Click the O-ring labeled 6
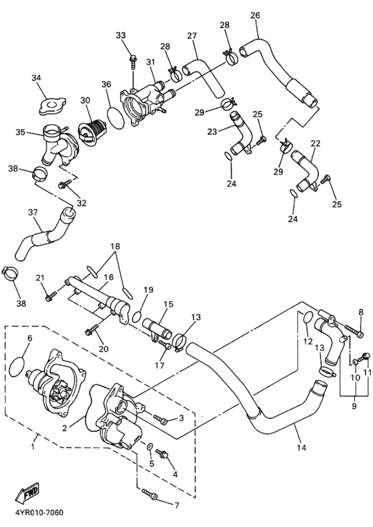point(20,365)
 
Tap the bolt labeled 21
point(50,296)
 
